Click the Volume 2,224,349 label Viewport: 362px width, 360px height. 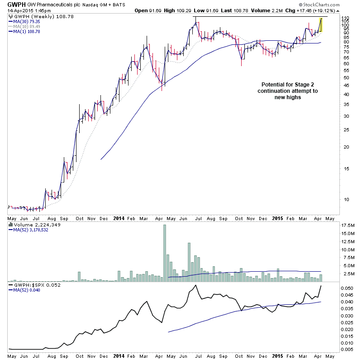tap(31, 225)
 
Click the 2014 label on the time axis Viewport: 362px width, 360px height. tap(118, 218)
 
